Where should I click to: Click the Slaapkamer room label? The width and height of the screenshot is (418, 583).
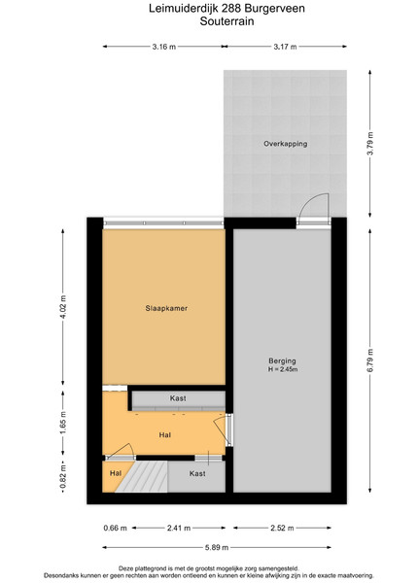[x=166, y=308]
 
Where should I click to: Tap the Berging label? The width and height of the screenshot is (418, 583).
[x=282, y=360]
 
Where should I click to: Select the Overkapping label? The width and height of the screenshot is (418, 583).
[x=285, y=144]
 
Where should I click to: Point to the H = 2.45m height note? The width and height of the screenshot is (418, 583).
[x=283, y=369]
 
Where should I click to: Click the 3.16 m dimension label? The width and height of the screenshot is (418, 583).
[x=163, y=47]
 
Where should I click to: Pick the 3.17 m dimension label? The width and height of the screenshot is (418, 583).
[x=285, y=47]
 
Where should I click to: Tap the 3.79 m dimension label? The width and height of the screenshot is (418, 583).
[x=369, y=144]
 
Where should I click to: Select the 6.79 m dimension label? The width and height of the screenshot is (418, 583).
[x=369, y=360]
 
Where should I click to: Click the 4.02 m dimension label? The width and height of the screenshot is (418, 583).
[x=63, y=307]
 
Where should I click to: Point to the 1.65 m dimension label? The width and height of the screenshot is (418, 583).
[x=63, y=423]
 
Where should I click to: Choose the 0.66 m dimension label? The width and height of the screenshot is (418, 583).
[x=116, y=528]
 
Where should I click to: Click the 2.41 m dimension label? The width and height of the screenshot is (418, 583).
[x=179, y=528]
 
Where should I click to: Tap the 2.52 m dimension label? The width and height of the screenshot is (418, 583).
[x=282, y=528]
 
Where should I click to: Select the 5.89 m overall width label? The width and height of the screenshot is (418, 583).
[x=217, y=547]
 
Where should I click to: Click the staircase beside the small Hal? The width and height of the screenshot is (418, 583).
[x=143, y=477]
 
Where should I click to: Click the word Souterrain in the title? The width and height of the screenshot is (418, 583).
[x=226, y=21]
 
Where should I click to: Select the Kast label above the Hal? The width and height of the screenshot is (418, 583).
[x=178, y=398]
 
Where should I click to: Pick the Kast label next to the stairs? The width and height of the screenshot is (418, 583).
[x=197, y=473]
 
